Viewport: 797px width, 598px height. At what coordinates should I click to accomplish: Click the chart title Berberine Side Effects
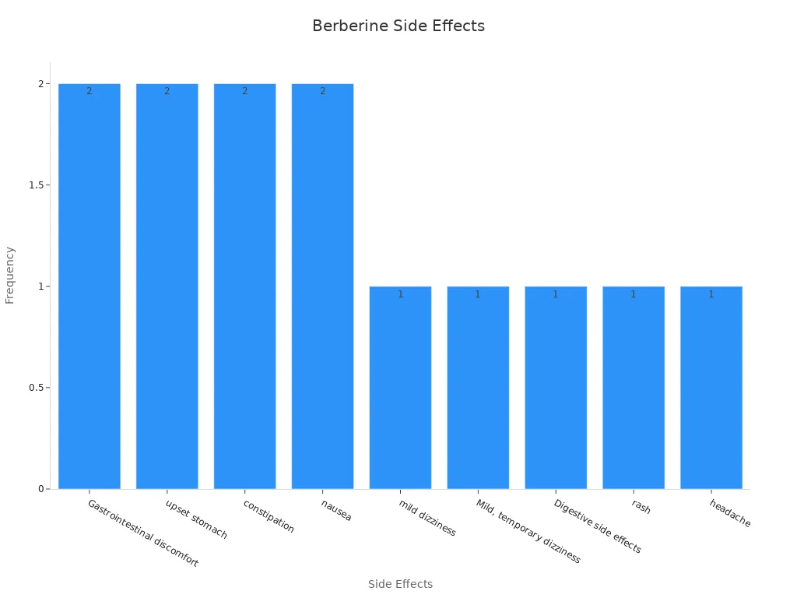(x=398, y=26)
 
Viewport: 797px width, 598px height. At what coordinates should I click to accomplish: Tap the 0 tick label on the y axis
(x=41, y=489)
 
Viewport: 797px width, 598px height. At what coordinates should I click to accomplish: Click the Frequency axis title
(x=10, y=275)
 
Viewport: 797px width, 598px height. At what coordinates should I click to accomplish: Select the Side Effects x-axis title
(x=400, y=584)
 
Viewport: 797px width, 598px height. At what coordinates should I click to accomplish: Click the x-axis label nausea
(x=336, y=511)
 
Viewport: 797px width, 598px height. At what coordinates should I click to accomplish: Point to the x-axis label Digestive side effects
(x=597, y=526)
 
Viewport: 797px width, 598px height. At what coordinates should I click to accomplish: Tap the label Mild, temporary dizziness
(x=528, y=531)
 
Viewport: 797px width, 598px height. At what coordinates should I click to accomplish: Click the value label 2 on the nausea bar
(x=322, y=91)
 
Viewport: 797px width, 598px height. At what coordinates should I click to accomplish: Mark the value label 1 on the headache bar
(x=711, y=294)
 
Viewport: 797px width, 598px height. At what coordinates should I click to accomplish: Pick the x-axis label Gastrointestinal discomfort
(x=142, y=533)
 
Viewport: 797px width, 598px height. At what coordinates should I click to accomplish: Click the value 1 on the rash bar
(x=633, y=294)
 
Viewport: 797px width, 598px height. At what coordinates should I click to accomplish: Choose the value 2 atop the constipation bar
(x=244, y=91)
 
